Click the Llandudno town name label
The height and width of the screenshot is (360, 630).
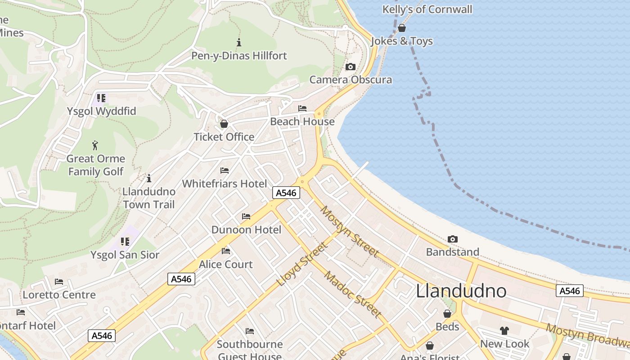461,291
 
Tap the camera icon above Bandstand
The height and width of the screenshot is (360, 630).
453,239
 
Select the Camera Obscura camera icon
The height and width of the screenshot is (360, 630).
350,67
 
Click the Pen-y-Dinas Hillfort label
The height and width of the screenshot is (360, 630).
239,56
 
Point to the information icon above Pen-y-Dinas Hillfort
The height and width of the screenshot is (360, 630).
239,43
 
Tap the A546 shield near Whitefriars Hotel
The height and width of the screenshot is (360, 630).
286,193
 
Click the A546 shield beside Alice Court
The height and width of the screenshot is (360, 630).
181,279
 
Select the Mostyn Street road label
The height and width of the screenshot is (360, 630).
350,232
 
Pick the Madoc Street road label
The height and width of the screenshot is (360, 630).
353,294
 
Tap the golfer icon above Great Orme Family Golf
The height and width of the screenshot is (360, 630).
95,145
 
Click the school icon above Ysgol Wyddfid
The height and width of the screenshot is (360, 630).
101,98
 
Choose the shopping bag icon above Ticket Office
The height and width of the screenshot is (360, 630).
224,124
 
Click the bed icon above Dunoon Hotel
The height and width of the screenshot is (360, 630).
246,216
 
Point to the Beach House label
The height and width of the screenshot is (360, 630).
302,121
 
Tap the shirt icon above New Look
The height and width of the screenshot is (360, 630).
504,331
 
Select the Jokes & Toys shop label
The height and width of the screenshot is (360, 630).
402,41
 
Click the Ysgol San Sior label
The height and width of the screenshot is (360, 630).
125,255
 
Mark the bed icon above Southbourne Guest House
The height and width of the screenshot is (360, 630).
250,332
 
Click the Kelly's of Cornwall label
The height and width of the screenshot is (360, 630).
427,9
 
